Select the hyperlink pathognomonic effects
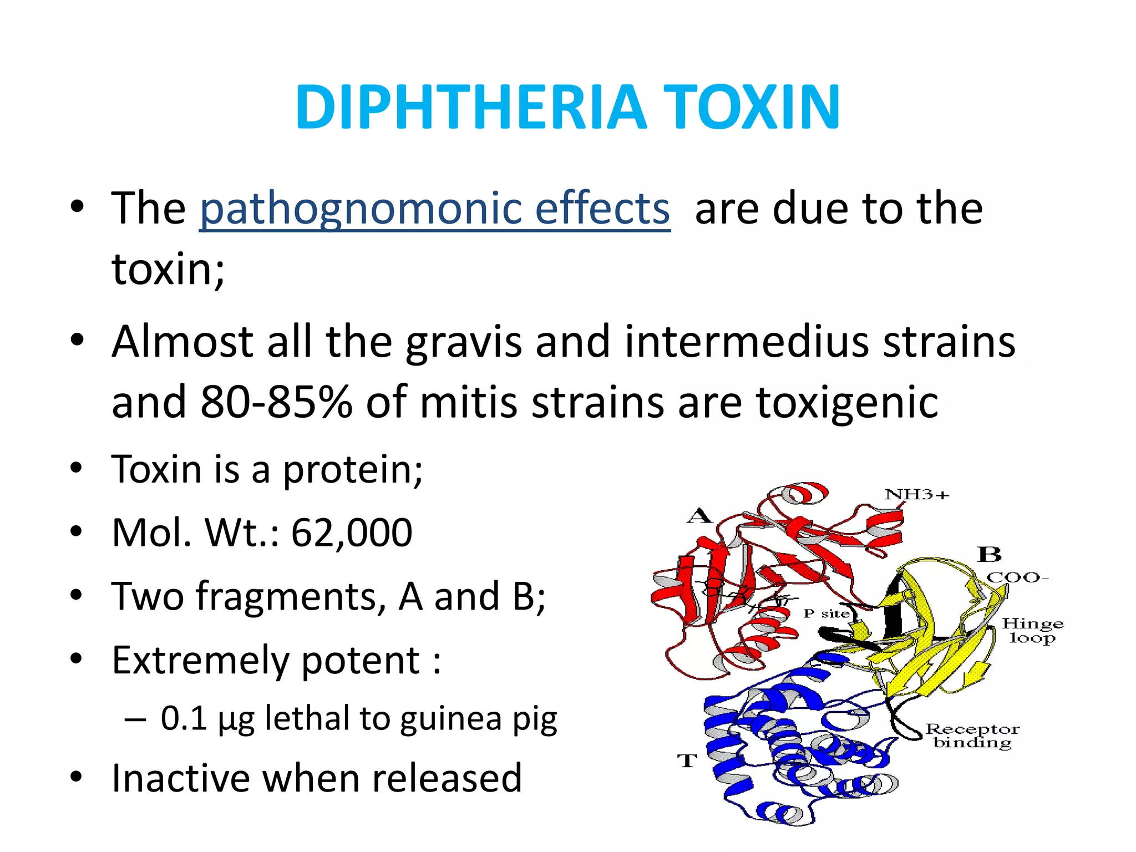point(434,209)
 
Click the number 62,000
point(352,533)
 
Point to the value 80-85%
point(276,402)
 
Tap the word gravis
point(464,342)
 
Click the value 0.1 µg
point(207,719)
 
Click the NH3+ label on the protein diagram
point(917,494)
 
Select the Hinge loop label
point(1032,631)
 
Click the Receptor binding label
point(972,736)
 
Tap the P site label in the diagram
point(826,613)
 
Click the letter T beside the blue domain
point(687,760)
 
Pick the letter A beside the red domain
point(699,516)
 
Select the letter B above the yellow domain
point(989,554)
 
